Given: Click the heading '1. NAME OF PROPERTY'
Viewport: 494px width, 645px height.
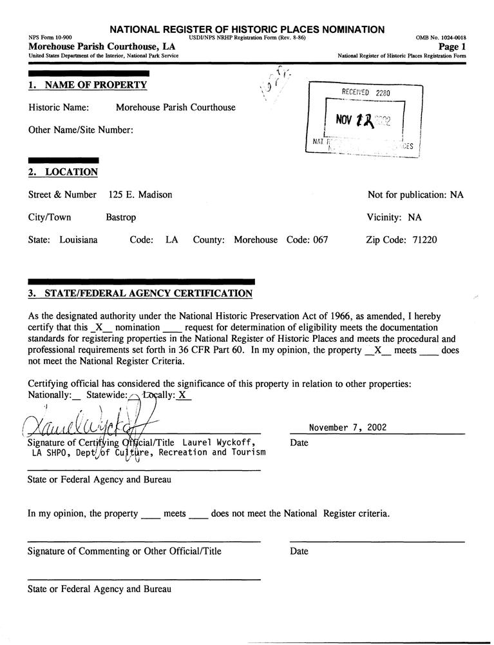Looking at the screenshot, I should click(88, 85).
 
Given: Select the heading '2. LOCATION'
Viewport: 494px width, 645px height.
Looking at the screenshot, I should click(63, 172).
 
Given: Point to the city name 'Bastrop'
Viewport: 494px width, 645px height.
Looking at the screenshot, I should click(121, 217).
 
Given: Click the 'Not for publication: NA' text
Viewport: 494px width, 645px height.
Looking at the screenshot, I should click(415, 195).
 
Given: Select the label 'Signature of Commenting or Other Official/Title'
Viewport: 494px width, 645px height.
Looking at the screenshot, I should click(124, 551).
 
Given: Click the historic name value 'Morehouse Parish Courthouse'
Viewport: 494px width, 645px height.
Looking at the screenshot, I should click(176, 108).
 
